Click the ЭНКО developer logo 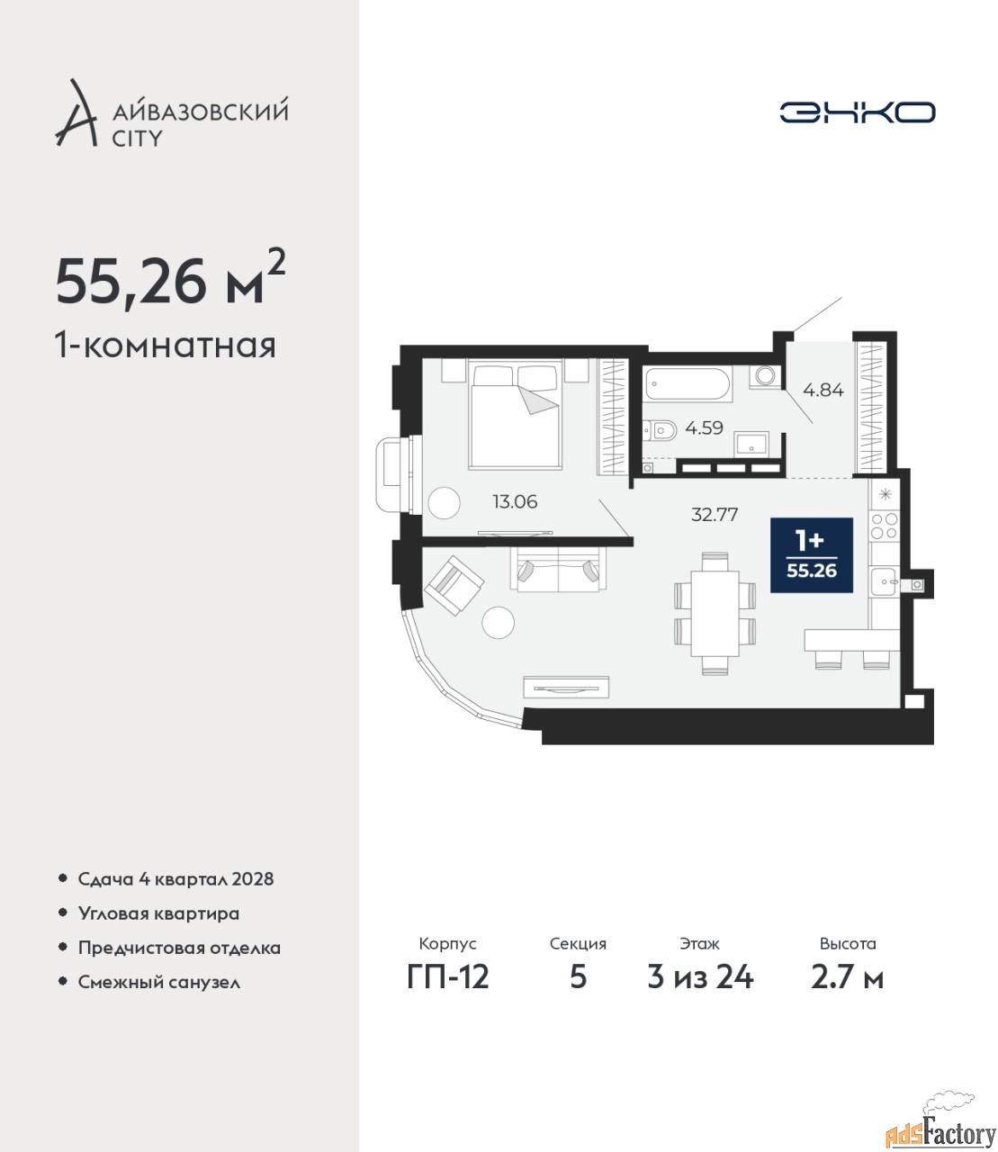click(x=857, y=112)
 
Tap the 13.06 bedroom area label click(x=515, y=501)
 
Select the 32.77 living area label click(x=715, y=515)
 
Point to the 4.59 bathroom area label click(x=705, y=428)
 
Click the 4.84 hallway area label click(x=823, y=390)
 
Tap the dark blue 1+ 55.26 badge click(x=812, y=555)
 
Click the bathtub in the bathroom click(x=688, y=383)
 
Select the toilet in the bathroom click(x=660, y=430)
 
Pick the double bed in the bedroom click(x=515, y=414)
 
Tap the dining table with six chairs click(x=715, y=614)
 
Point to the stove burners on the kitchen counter click(x=885, y=526)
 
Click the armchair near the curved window click(x=454, y=585)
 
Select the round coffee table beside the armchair click(x=499, y=623)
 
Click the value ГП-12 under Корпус click(x=448, y=977)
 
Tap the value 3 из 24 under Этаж click(x=700, y=977)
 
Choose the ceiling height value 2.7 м click(x=847, y=977)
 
